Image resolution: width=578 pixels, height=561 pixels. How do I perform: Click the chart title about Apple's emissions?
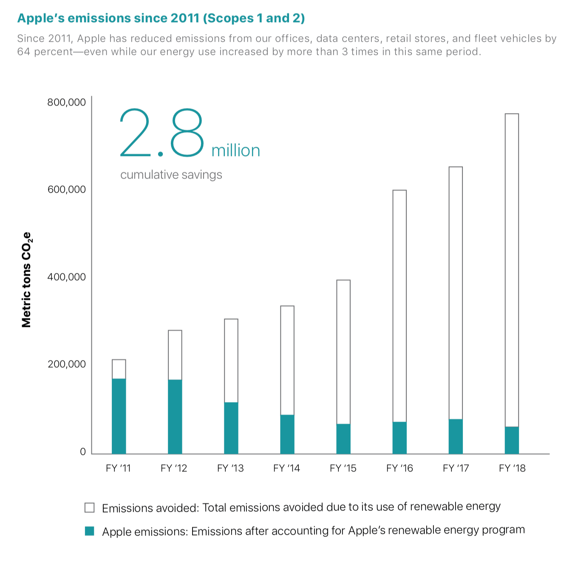coord(161,18)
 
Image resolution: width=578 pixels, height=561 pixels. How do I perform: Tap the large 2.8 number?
coord(162,133)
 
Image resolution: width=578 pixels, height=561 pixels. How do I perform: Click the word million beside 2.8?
coord(235,150)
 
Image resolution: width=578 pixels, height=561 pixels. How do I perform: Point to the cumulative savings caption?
coord(171,175)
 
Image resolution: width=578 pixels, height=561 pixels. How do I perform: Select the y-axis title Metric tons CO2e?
coord(26,280)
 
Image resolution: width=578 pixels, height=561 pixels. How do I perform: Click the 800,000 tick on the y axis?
coord(66,102)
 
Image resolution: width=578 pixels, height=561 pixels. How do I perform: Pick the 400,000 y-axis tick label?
coord(66,277)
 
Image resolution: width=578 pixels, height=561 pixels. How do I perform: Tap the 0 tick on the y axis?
coord(83,452)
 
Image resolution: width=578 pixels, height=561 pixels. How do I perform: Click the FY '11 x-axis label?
coord(118,468)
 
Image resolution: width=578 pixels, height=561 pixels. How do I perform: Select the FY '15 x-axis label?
coord(343,468)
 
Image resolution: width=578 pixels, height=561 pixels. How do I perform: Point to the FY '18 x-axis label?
coord(512,468)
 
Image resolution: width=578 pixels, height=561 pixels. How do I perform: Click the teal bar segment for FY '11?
coord(119,416)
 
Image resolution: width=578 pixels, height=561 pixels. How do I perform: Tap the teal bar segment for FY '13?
coord(231,428)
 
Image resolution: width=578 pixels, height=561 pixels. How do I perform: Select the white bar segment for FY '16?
coord(399,306)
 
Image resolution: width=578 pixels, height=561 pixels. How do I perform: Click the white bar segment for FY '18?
coord(512,270)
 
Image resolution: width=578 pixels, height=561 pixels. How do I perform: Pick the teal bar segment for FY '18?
coord(512,440)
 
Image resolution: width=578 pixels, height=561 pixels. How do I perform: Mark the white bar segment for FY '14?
coord(287,360)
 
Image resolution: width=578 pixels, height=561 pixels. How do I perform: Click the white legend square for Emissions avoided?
coord(90,508)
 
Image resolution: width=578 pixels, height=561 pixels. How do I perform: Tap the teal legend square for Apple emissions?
coord(90,531)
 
